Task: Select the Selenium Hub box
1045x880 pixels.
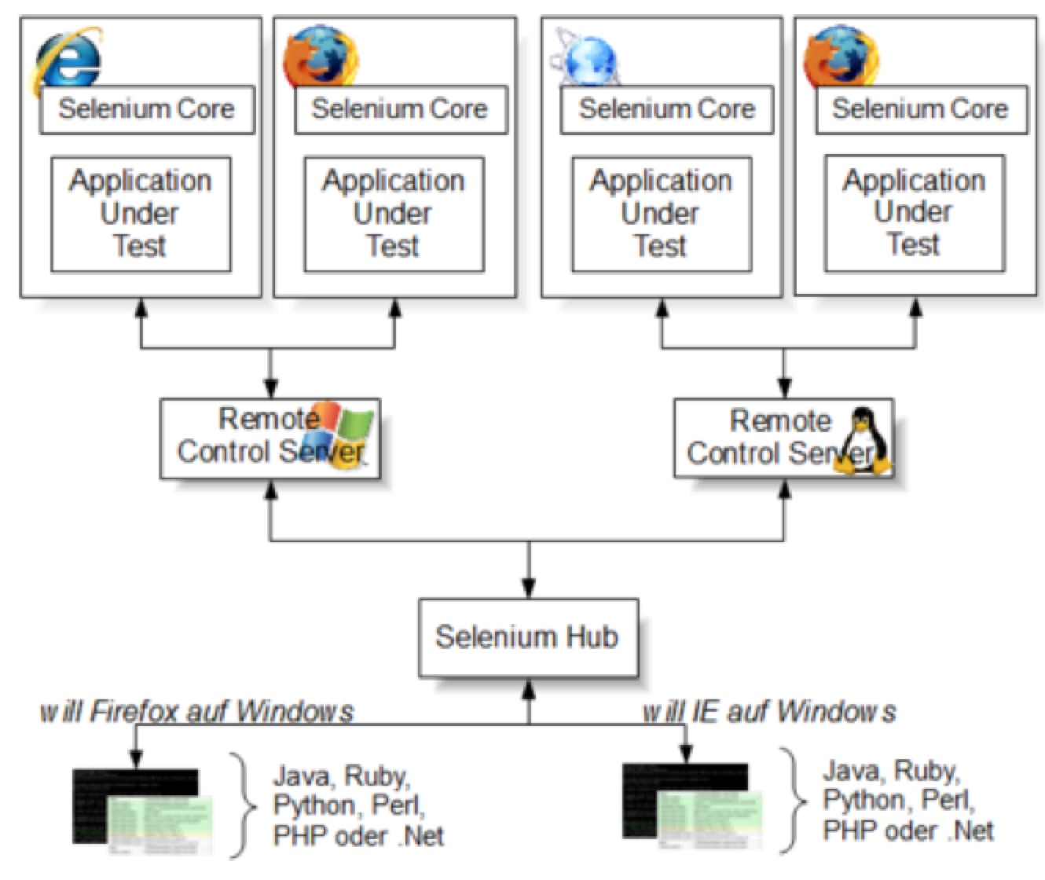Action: [528, 637]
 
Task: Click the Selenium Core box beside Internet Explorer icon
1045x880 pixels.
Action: [147, 109]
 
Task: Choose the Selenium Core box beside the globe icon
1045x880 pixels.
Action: [667, 109]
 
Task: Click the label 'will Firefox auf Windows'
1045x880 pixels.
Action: [196, 712]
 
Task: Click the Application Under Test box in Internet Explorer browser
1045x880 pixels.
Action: [141, 214]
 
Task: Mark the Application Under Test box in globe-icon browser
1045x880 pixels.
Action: [662, 214]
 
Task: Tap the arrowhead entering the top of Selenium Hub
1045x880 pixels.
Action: [529, 588]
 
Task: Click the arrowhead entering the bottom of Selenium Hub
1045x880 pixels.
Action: [529, 689]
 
